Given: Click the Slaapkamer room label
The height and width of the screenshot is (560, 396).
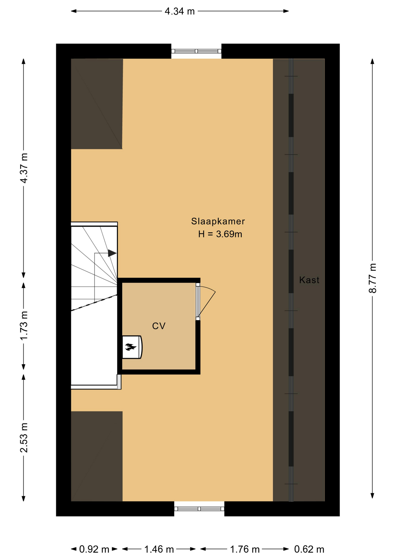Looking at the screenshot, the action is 218,221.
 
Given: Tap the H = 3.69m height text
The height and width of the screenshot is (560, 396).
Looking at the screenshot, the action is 220,234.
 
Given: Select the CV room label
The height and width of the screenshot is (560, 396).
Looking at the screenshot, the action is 159,326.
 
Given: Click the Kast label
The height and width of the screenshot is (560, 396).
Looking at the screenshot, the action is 309,280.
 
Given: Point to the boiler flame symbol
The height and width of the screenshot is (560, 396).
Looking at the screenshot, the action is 131,347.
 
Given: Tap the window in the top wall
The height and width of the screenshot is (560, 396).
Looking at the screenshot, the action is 196,51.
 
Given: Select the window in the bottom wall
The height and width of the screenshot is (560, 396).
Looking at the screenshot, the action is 199,509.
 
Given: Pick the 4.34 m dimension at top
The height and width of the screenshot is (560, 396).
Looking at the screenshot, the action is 180,11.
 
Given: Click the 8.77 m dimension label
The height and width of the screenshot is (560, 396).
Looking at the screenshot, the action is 373,278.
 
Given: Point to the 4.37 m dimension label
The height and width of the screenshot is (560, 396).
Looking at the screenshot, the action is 24,168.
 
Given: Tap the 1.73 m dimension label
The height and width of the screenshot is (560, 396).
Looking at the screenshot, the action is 24,325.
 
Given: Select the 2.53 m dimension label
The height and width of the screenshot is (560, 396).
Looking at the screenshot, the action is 24,437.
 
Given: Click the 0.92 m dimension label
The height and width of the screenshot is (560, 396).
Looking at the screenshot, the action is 94,549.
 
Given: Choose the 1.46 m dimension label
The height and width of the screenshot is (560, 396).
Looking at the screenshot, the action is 159,549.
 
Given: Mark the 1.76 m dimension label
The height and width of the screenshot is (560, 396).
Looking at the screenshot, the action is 245,549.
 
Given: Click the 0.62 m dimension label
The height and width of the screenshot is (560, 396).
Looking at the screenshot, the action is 309,549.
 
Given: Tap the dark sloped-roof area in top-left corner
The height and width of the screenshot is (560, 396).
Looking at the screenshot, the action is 97,104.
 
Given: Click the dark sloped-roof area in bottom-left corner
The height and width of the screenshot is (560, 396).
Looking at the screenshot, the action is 97,456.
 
